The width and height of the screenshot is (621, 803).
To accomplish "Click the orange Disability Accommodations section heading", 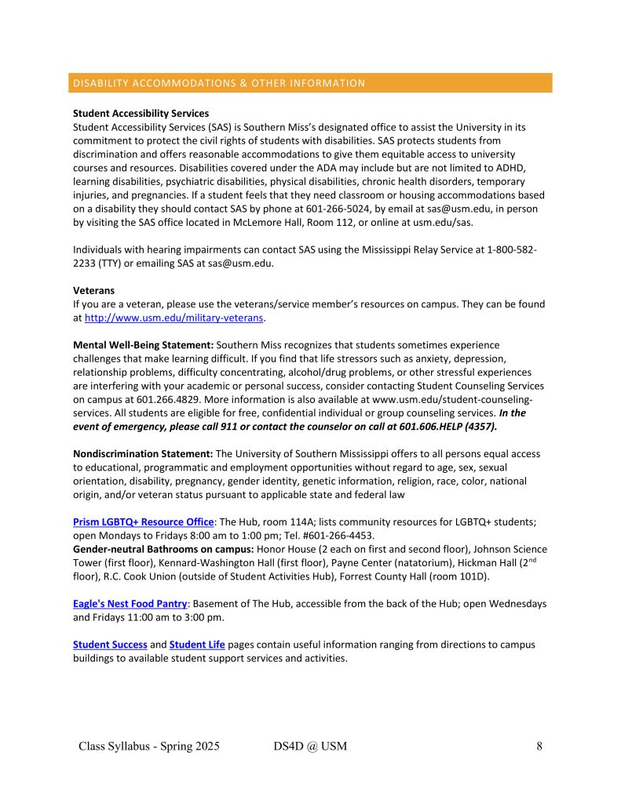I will [218, 83].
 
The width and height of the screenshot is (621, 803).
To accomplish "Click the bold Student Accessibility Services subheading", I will [141, 114].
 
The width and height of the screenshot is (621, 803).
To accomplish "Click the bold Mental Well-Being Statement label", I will [143, 345].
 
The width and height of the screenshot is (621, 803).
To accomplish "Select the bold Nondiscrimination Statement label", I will [143, 454].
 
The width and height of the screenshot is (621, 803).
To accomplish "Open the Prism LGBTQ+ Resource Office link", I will [144, 521].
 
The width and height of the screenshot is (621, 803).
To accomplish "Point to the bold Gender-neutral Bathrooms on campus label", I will [163, 549].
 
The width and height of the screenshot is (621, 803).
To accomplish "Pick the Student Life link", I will [197, 645].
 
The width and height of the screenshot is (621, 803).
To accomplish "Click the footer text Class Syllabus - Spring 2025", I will [149, 746].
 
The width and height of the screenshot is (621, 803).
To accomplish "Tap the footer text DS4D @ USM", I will [304, 746].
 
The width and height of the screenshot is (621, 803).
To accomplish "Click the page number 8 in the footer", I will [539, 746].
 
